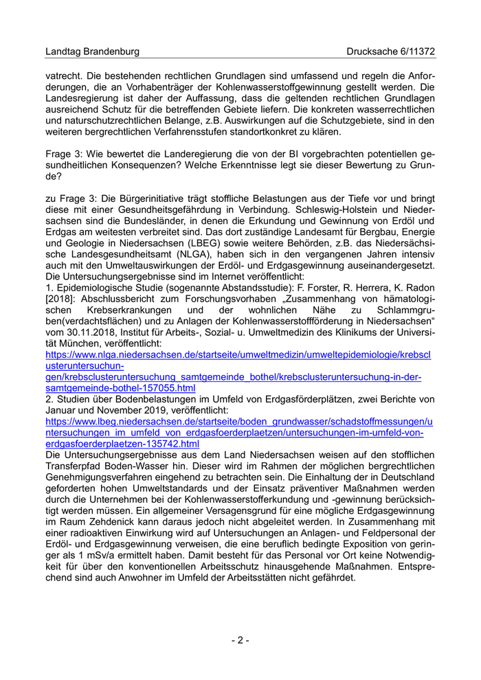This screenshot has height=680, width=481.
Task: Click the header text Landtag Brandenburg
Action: coord(92,52)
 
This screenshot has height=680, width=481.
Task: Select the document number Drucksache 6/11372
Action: coord(391,52)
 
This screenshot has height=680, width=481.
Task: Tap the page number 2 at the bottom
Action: coord(240,640)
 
